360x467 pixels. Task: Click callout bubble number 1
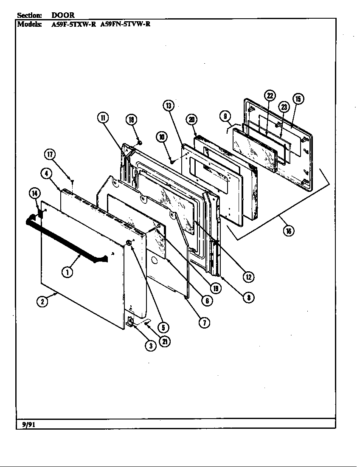click(67, 272)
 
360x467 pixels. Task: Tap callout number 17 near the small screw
click(50, 155)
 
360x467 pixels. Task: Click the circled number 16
click(289, 231)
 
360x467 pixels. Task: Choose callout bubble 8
click(249, 297)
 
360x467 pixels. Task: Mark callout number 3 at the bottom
click(150, 346)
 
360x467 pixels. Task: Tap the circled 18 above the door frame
click(131, 120)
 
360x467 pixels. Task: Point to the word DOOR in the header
click(63, 15)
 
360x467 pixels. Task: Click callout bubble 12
click(249, 276)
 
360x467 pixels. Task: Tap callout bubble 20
click(192, 120)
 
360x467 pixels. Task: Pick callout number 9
click(225, 115)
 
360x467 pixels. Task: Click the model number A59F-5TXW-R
click(73, 24)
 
